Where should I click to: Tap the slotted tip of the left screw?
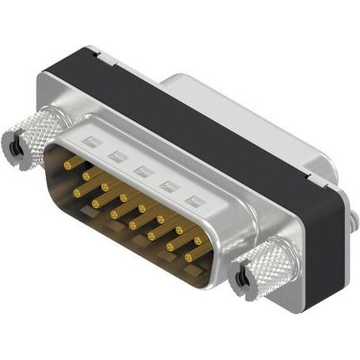(x=14, y=146)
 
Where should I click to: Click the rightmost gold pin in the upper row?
(x=197, y=239)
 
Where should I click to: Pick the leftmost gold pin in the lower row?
(x=78, y=191)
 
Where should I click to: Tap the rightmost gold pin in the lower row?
(x=188, y=257)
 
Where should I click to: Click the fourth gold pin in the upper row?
(x=123, y=198)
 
